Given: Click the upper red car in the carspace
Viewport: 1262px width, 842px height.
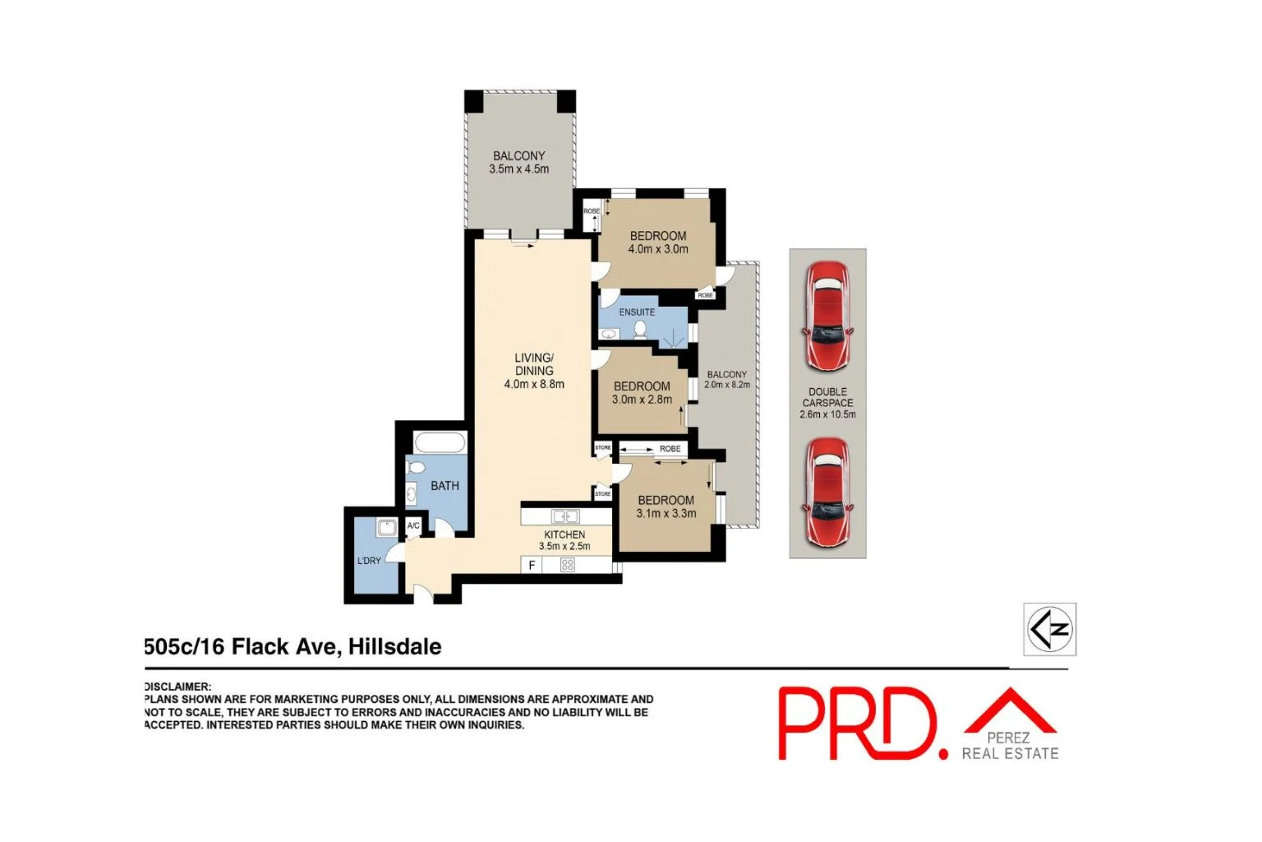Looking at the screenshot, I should (x=827, y=316).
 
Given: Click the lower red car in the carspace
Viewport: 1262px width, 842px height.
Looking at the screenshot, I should (x=827, y=492).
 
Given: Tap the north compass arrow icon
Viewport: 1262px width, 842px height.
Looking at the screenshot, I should (x=1049, y=629).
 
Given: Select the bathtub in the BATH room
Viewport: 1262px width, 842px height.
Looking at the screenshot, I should (x=440, y=443).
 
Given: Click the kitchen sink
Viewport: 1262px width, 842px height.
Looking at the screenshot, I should (x=565, y=517).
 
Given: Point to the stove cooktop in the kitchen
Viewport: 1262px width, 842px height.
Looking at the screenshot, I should (x=567, y=565).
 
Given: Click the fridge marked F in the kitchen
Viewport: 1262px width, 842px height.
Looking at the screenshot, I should (x=532, y=565).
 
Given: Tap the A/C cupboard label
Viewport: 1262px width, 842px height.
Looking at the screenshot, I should (x=413, y=526).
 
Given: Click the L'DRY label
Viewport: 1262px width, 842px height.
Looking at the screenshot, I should (x=369, y=561).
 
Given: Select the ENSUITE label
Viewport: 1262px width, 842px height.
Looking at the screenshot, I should (x=637, y=312).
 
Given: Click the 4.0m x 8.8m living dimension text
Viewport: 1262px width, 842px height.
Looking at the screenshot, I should (x=534, y=384).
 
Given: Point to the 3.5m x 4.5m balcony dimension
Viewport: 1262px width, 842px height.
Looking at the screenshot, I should (x=518, y=169).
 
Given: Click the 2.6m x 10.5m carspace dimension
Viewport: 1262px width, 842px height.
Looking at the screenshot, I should (x=827, y=414).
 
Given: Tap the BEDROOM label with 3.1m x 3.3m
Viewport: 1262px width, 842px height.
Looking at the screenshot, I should (x=666, y=500).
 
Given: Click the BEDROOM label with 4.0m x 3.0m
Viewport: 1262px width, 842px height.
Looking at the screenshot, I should (x=658, y=236).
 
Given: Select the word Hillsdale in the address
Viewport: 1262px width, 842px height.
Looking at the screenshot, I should (x=394, y=647).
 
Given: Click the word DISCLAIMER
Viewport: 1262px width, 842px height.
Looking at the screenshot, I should (x=177, y=687).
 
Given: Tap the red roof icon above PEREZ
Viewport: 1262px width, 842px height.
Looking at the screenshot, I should (x=1010, y=711).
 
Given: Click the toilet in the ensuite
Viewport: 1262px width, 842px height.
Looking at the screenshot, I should (x=640, y=329).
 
